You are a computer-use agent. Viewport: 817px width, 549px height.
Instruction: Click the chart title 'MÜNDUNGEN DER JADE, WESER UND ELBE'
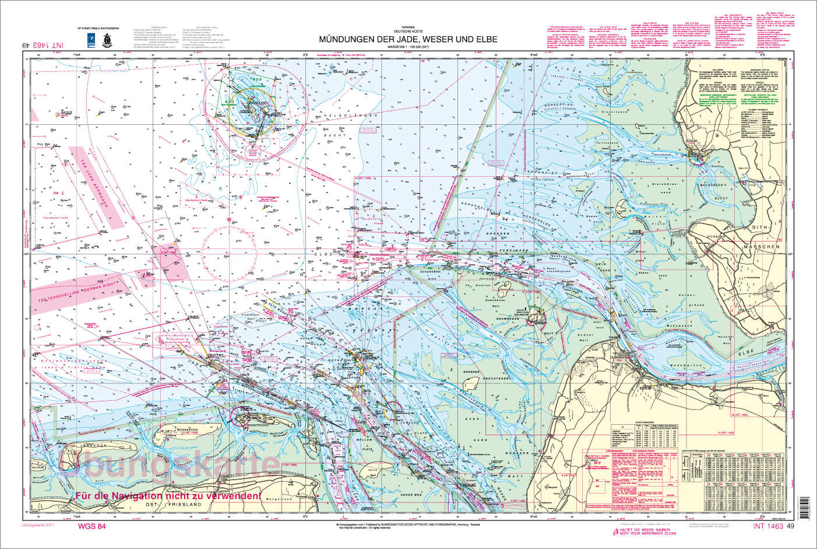(x=408, y=40)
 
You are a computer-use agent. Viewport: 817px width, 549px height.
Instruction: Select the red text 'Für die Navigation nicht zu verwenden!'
(x=167, y=496)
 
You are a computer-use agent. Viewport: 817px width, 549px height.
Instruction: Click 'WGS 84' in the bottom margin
(x=91, y=526)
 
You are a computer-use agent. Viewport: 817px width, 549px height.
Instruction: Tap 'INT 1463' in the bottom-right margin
(x=767, y=526)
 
